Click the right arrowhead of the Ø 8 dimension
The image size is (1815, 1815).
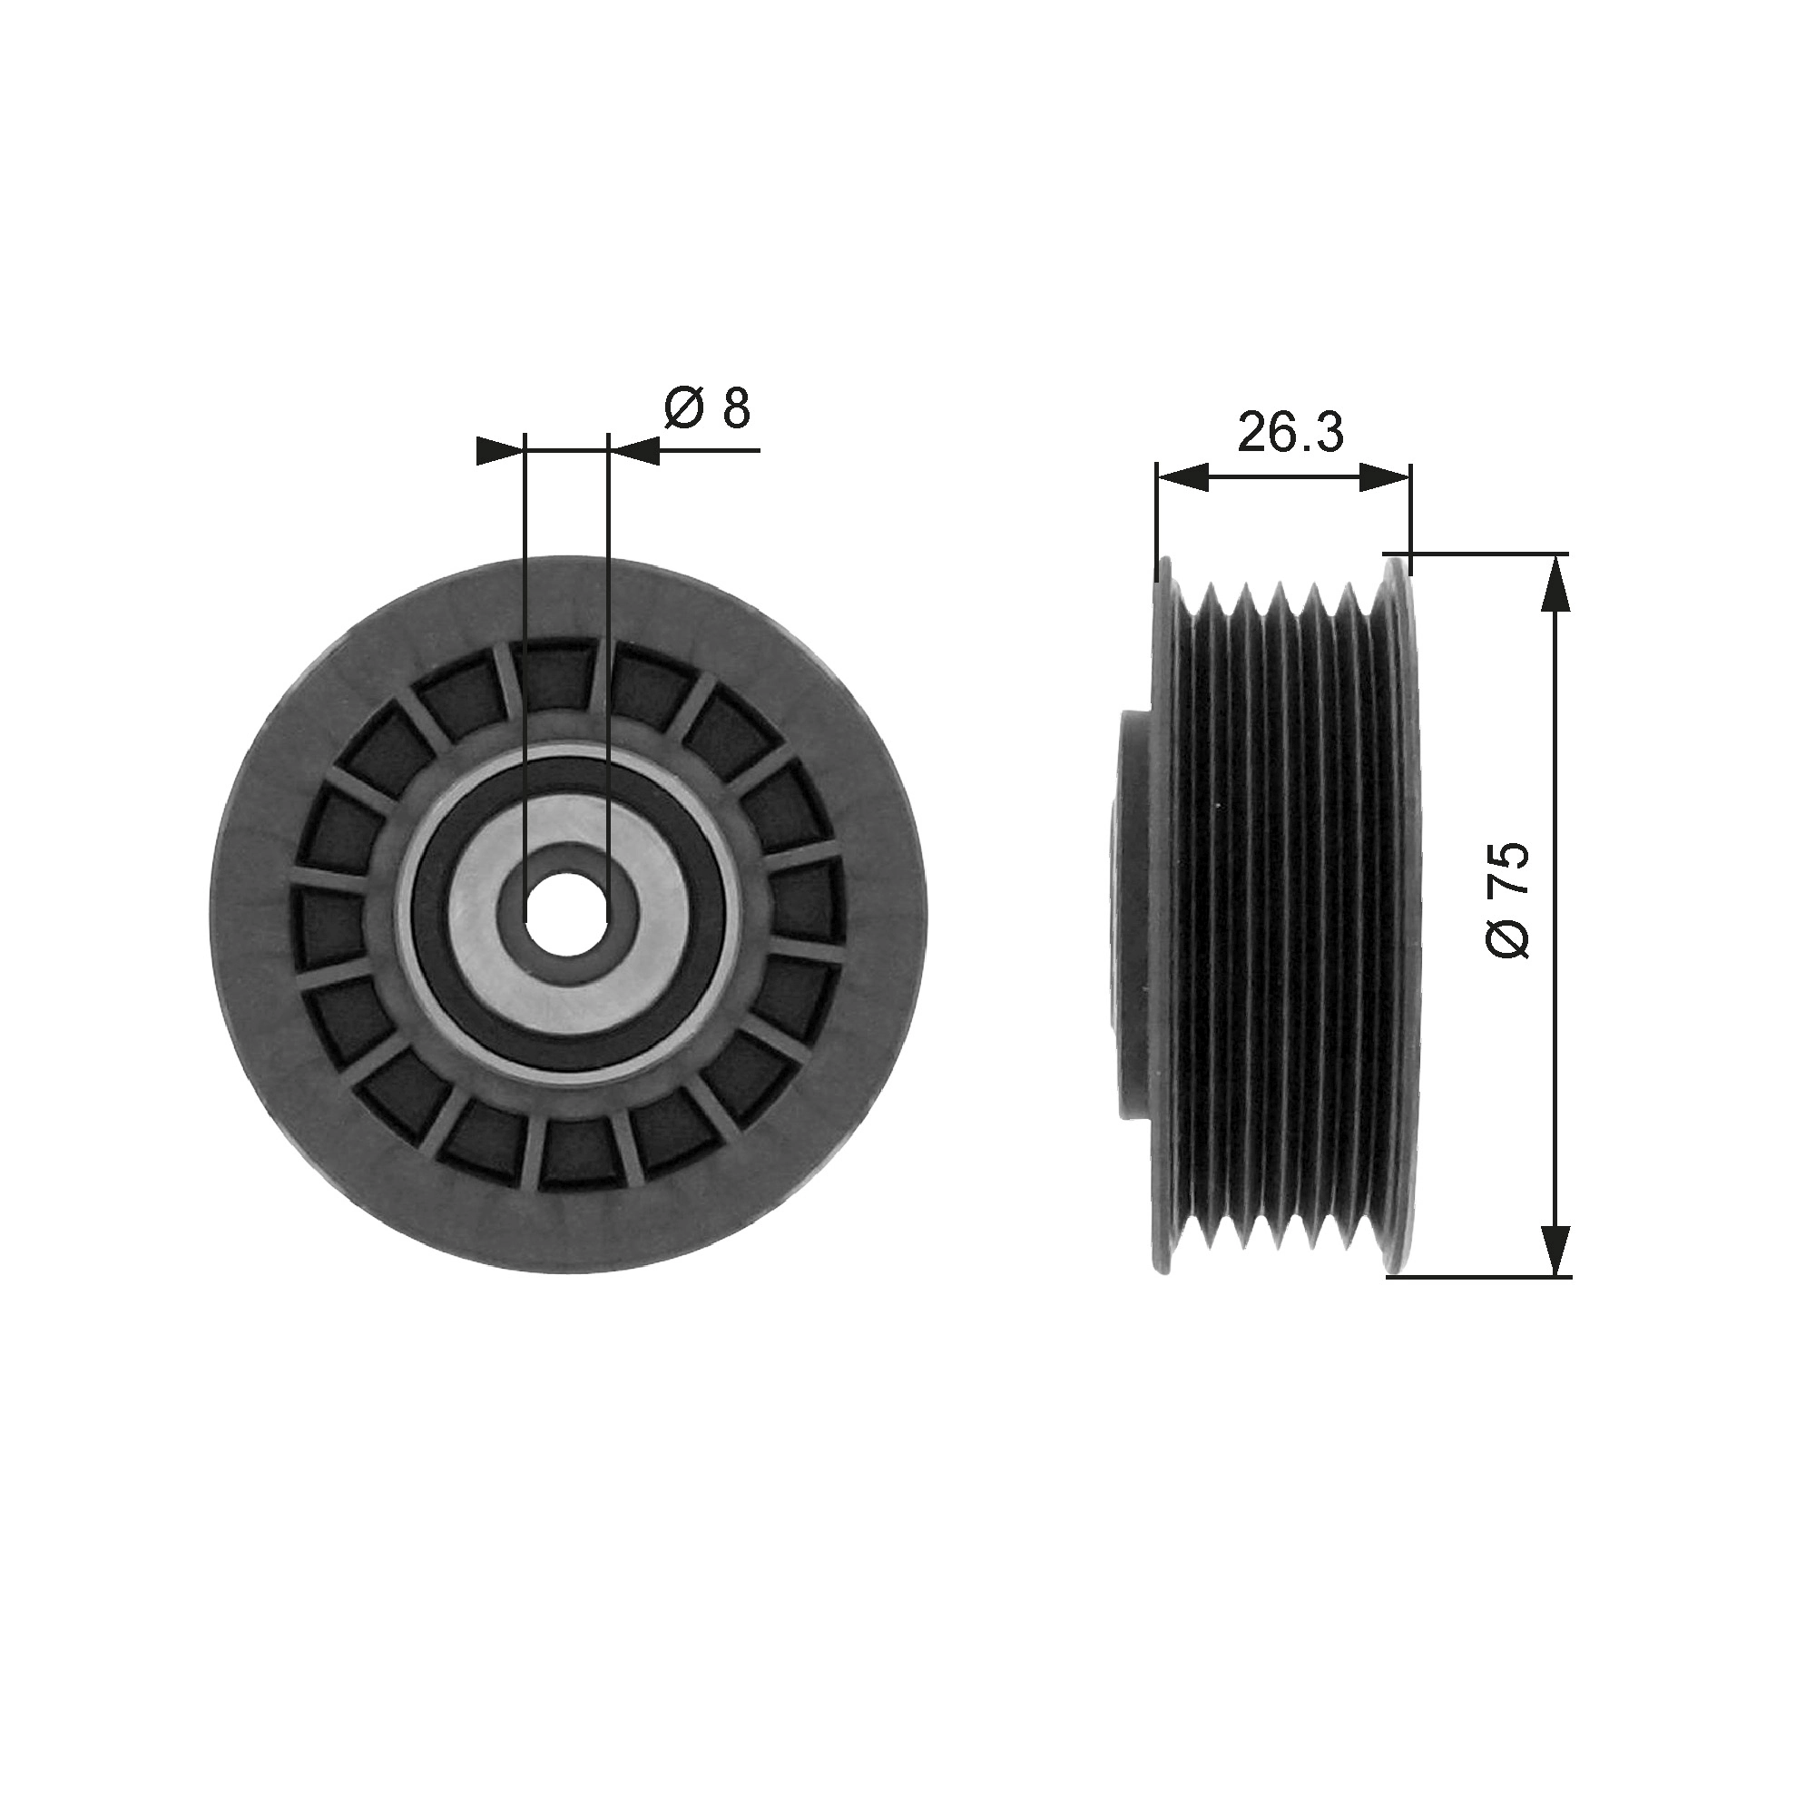(x=635, y=451)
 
